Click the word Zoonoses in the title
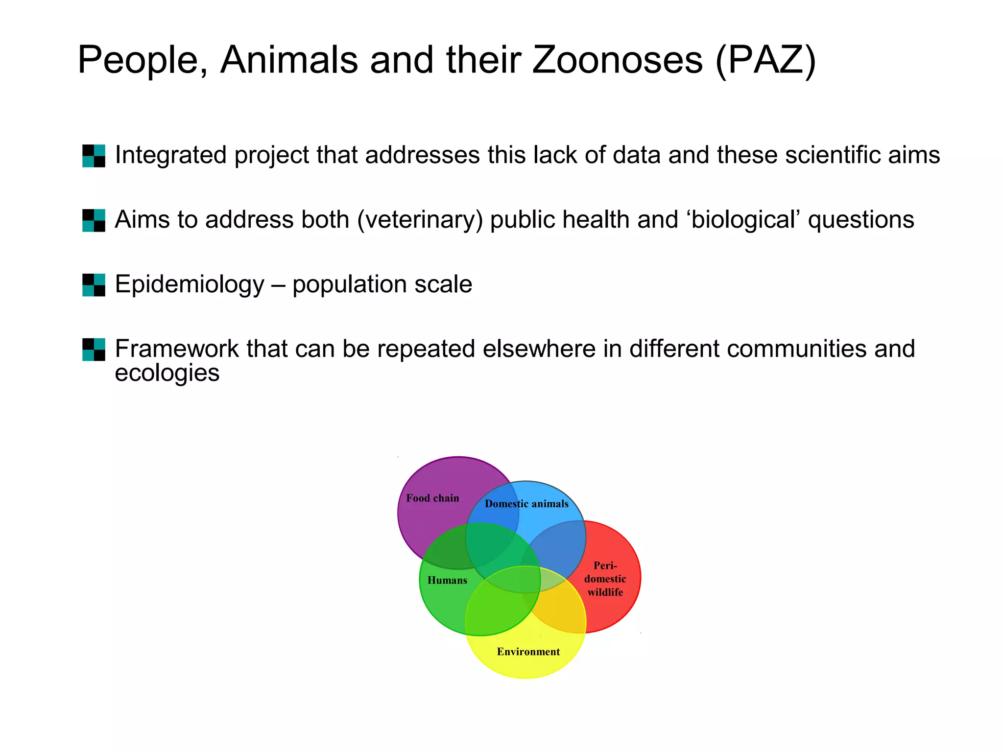point(617,60)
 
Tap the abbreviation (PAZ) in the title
point(765,60)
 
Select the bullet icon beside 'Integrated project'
point(94,156)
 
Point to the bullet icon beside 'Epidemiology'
point(94,285)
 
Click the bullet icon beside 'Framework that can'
point(94,350)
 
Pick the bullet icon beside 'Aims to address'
point(94,220)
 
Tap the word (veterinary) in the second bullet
point(420,220)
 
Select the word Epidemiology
point(190,284)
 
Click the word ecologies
point(167,373)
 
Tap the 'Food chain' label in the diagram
point(432,498)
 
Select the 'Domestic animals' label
point(526,504)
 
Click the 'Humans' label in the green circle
point(447,581)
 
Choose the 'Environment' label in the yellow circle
point(528,652)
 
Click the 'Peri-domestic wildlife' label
point(605,579)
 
